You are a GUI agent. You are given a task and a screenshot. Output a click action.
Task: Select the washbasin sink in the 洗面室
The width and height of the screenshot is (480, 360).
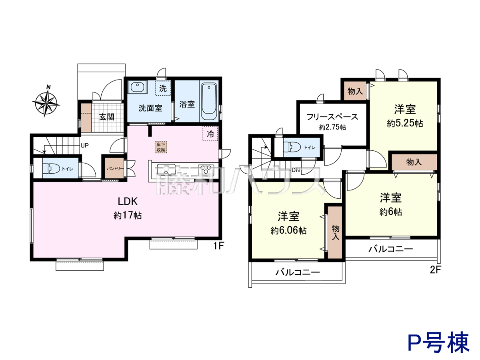(x=137, y=87)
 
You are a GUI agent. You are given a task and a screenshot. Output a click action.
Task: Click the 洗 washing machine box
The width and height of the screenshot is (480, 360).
(x=163, y=88)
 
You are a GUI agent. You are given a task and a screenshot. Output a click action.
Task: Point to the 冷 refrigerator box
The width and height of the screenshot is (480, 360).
(x=210, y=134)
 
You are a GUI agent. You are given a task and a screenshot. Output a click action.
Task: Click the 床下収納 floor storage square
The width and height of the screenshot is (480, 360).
(x=161, y=147)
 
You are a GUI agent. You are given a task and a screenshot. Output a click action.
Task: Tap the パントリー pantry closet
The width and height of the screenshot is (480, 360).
(x=114, y=168)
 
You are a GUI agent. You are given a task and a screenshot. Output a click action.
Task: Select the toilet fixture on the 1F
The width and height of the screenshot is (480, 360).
(x=51, y=169)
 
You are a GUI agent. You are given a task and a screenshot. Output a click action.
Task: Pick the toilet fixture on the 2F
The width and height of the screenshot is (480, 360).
(x=292, y=147)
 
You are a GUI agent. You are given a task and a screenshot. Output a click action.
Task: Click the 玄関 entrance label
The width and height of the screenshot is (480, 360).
(x=107, y=117)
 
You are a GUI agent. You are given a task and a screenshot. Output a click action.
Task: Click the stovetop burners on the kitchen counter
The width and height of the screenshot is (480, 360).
(x=206, y=169)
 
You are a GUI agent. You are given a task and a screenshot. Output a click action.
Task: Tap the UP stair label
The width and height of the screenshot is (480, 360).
(x=85, y=145)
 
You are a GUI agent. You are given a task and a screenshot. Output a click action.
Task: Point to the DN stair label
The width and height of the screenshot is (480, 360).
(x=296, y=170)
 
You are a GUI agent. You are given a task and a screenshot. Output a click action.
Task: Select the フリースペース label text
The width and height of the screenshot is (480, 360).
(x=332, y=117)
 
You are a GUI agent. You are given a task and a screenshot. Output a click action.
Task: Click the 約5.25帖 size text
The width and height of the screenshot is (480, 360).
(x=405, y=124)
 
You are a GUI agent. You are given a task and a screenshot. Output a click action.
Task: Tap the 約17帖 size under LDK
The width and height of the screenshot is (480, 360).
(x=128, y=216)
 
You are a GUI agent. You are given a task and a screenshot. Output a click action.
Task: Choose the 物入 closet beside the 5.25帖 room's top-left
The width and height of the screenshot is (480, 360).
(x=355, y=91)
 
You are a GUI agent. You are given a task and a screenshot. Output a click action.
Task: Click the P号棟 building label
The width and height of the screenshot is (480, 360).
(x=439, y=342)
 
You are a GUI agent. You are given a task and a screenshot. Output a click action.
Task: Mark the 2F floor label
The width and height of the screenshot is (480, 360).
(x=435, y=270)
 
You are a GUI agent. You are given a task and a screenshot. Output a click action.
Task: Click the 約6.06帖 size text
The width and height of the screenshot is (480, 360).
(x=288, y=230)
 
